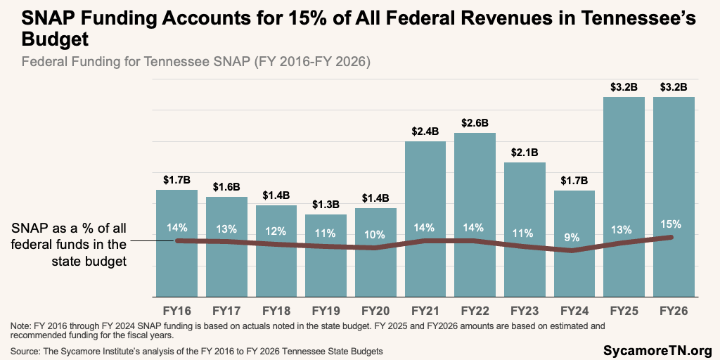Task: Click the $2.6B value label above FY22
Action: (x=475, y=123)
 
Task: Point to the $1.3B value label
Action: (x=326, y=205)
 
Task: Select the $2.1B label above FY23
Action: (x=525, y=153)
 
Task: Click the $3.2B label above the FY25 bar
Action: (x=624, y=87)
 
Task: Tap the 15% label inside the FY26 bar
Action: (x=674, y=224)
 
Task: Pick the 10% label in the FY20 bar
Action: (x=375, y=234)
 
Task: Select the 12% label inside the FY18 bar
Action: (x=276, y=231)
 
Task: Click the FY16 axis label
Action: (x=176, y=310)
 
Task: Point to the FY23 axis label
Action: (x=525, y=310)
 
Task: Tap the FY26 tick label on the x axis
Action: (x=674, y=310)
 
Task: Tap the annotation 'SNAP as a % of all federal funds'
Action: (x=68, y=245)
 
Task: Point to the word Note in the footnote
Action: (x=21, y=326)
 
